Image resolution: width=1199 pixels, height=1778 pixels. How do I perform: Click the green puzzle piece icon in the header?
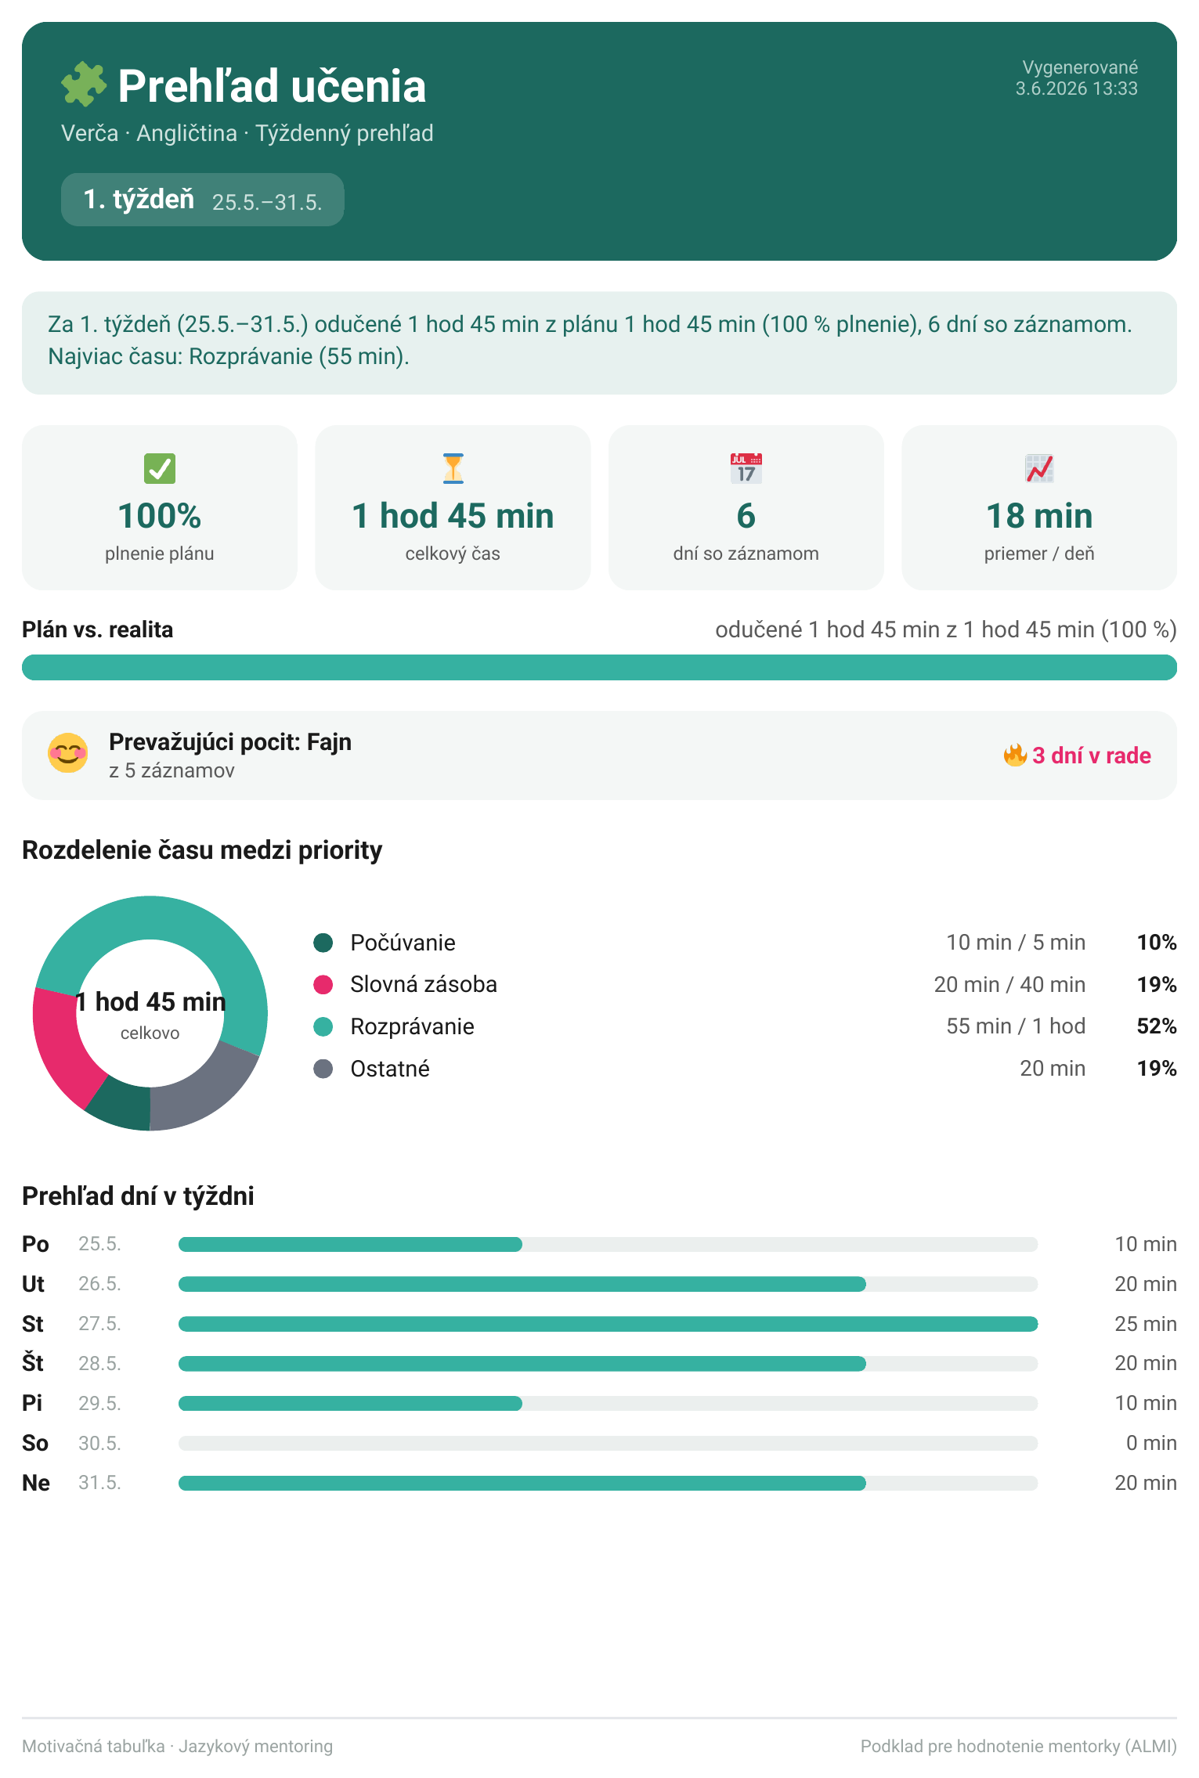[x=84, y=85]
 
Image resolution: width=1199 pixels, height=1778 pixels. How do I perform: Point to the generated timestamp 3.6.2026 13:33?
[x=1076, y=88]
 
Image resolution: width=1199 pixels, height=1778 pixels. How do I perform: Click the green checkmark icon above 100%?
[x=160, y=468]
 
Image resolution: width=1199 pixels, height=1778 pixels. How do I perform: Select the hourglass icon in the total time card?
[x=453, y=468]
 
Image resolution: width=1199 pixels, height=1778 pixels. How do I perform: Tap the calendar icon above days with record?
[x=746, y=468]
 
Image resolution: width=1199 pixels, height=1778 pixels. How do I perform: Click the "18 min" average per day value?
[x=1039, y=516]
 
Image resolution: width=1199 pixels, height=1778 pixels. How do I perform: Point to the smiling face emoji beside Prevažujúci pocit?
[x=68, y=753]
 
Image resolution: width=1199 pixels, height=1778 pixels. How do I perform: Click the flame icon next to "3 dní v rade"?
[x=1015, y=756]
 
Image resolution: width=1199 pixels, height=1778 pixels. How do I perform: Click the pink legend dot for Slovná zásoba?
[x=323, y=984]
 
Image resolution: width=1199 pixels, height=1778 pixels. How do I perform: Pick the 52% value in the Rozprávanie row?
[x=1157, y=1026]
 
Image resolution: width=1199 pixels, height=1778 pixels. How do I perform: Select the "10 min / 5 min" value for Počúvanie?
[x=1016, y=943]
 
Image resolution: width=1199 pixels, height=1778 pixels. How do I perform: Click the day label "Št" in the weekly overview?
[x=33, y=1363]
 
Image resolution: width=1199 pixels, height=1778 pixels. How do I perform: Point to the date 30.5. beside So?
[x=99, y=1443]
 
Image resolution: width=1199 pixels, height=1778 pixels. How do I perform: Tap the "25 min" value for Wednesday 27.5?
[x=1146, y=1324]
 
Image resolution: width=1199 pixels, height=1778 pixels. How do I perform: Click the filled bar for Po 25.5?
[x=350, y=1244]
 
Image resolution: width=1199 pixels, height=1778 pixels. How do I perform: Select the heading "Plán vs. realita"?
[x=98, y=629]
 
